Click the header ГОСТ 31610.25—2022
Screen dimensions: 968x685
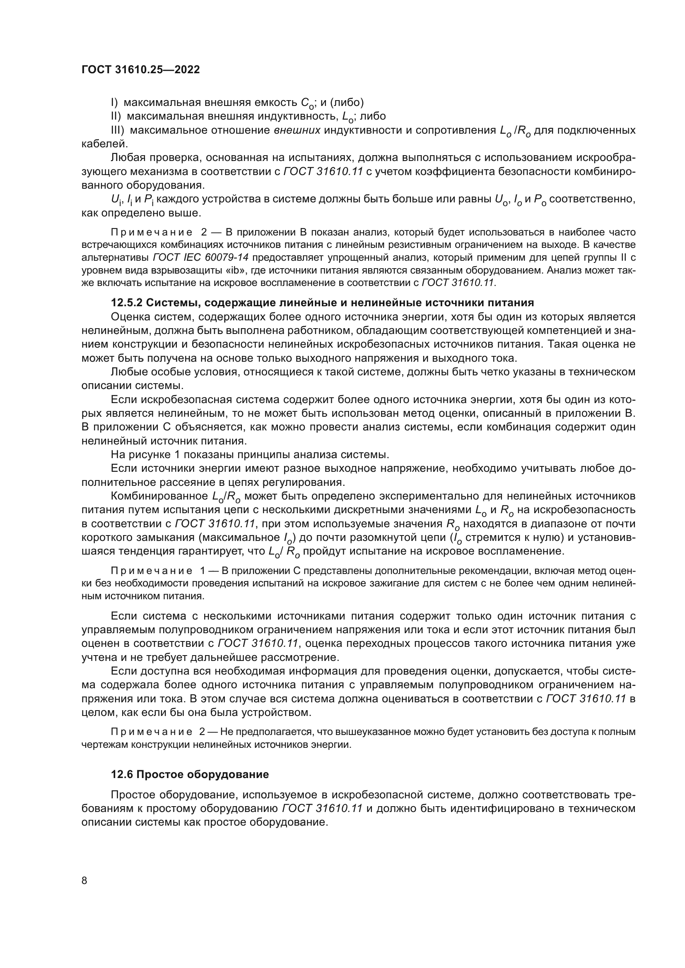[x=140, y=70]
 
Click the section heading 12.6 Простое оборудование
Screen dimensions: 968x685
[x=189, y=774]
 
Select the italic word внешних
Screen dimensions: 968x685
[x=297, y=130]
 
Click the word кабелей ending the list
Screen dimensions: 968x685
[x=101, y=144]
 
